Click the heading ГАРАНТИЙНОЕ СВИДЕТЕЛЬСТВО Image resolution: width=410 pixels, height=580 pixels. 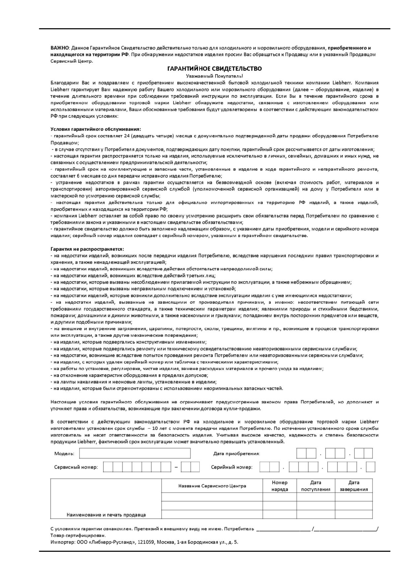[x=214, y=69]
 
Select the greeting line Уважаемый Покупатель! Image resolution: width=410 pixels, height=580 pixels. [x=214, y=76]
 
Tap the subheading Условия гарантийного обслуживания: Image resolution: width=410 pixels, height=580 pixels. [x=96, y=129]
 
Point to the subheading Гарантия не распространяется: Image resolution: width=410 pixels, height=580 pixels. [x=87, y=249]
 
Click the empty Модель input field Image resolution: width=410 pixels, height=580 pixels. [x=135, y=453]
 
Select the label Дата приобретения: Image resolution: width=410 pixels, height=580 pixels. [x=237, y=454]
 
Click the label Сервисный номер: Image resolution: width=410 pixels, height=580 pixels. [x=76, y=467]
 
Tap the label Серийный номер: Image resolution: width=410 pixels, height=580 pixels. [x=232, y=467]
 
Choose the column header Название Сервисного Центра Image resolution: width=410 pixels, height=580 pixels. [x=212, y=486]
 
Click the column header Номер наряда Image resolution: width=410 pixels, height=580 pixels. [x=280, y=486]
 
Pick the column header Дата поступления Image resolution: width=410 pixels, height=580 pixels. [x=316, y=486]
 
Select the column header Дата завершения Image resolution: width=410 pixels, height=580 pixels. [x=354, y=486]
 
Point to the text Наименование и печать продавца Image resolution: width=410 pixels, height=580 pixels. [x=106, y=515]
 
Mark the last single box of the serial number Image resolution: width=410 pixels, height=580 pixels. [x=370, y=467]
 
